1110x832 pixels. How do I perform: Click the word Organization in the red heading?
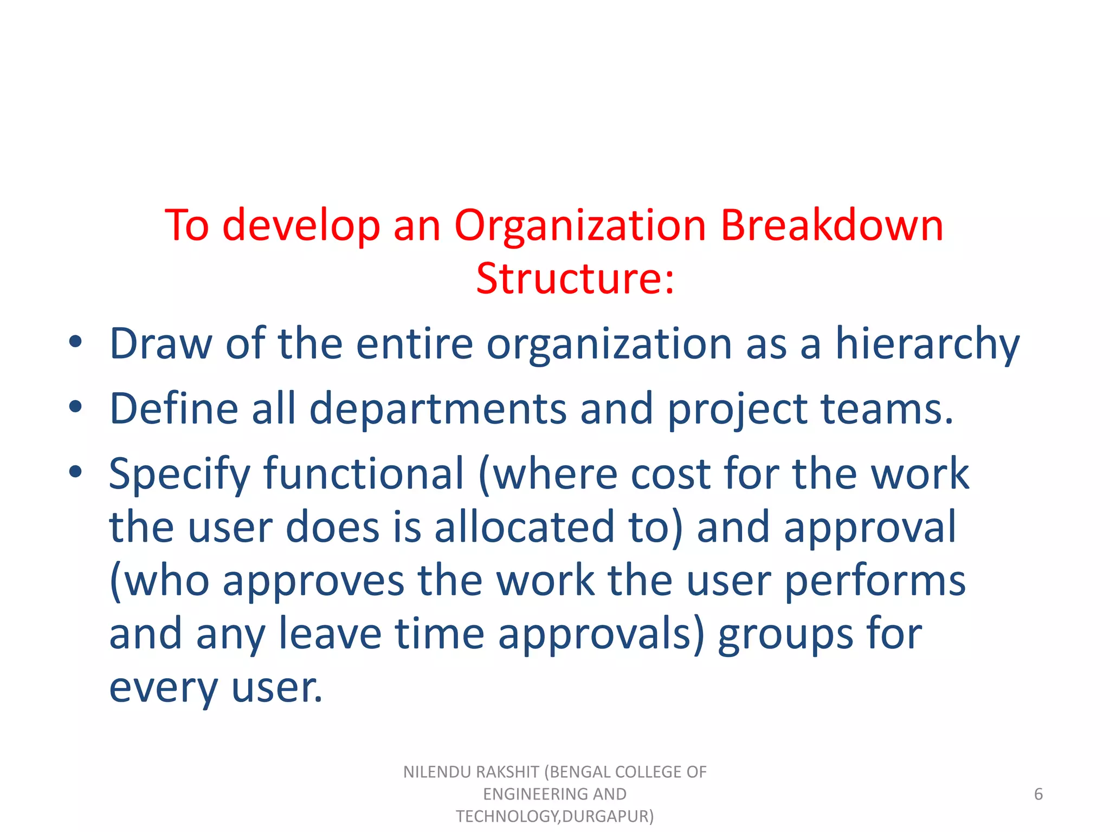[579, 226]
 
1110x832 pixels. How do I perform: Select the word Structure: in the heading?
[575, 278]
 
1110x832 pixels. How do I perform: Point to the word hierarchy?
[927, 344]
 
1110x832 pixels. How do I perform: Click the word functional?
[364, 473]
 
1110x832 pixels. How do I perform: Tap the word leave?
[330, 634]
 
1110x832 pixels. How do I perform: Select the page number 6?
[1038, 794]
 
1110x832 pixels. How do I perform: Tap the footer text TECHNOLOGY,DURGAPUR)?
[554, 816]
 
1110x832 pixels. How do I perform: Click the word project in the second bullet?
[737, 409]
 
